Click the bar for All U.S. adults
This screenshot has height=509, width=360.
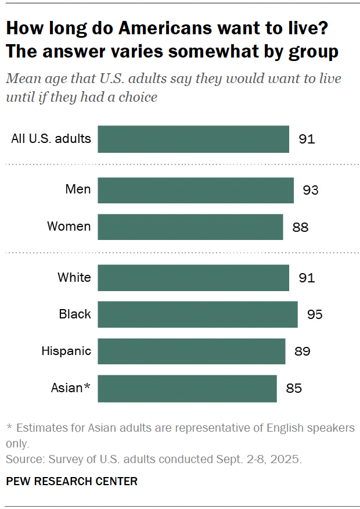[x=193, y=139]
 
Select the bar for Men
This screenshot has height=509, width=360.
[x=196, y=190]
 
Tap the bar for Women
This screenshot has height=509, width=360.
[x=190, y=227]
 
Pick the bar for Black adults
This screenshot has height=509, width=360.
[x=197, y=314]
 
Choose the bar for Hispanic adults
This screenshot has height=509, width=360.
[x=192, y=351]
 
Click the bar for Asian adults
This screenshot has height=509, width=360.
[x=187, y=388]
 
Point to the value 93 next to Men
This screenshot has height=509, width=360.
[x=311, y=191]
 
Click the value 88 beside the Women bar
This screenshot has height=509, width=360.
[x=300, y=227]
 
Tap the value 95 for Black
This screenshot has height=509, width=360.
[x=314, y=315]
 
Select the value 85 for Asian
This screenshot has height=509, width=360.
[x=294, y=388]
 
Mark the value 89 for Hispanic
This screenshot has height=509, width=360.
[x=302, y=352]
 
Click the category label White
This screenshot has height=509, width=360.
[x=74, y=277]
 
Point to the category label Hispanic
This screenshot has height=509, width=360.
[x=66, y=351]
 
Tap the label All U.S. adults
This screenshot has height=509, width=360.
[x=51, y=139]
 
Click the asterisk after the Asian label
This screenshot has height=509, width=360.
[x=87, y=386]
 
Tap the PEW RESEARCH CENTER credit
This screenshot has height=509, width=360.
[x=71, y=481]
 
